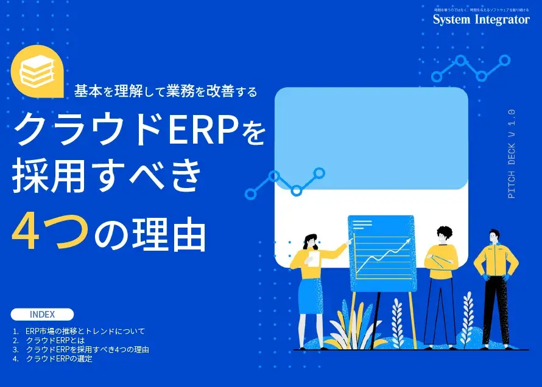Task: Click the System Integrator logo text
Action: [x=481, y=19]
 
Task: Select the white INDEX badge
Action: [x=42, y=315]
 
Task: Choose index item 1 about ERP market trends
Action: [x=85, y=332]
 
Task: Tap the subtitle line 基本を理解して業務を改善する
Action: [x=166, y=92]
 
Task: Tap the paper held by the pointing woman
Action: [x=313, y=259]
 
